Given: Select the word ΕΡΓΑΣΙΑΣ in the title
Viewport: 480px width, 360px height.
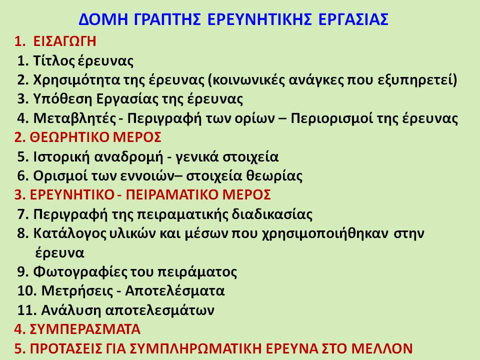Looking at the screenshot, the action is pyautogui.click(x=353, y=19).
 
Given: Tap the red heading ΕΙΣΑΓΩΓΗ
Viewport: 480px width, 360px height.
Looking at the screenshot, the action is pyautogui.click(x=64, y=41).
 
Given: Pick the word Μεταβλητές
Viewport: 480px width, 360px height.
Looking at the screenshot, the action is pyautogui.click(x=74, y=118).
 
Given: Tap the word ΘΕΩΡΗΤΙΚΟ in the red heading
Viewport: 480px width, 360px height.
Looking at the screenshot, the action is pyautogui.click(x=69, y=137).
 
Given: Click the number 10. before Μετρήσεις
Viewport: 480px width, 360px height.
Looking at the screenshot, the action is pyautogui.click(x=27, y=290).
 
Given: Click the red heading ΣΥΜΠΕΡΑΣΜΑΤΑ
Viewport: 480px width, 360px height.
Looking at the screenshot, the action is pyautogui.click(x=85, y=329).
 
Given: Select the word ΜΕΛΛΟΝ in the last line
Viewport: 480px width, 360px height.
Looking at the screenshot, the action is pyautogui.click(x=381, y=348).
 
